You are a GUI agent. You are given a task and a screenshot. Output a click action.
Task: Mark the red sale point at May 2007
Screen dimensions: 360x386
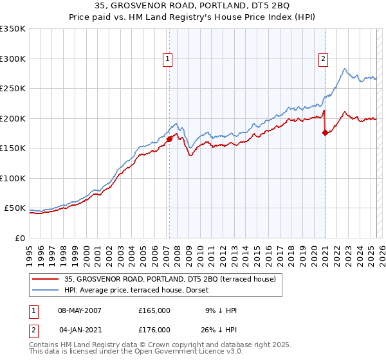pyautogui.click(x=169, y=139)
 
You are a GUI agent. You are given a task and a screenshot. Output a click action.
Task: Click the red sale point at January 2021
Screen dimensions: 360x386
pyautogui.click(x=325, y=132)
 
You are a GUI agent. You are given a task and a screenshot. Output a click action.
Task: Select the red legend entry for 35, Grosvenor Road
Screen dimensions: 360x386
pyautogui.click(x=170, y=278)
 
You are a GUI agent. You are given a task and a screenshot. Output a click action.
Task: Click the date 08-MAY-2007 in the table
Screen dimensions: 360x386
pyautogui.click(x=80, y=310)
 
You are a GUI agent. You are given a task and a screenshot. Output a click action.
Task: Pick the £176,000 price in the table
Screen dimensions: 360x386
pyautogui.click(x=154, y=330)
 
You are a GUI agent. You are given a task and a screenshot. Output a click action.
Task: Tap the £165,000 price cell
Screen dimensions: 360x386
pyautogui.click(x=154, y=310)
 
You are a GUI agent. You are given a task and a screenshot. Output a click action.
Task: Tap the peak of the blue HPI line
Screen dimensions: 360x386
pyautogui.click(x=345, y=68)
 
